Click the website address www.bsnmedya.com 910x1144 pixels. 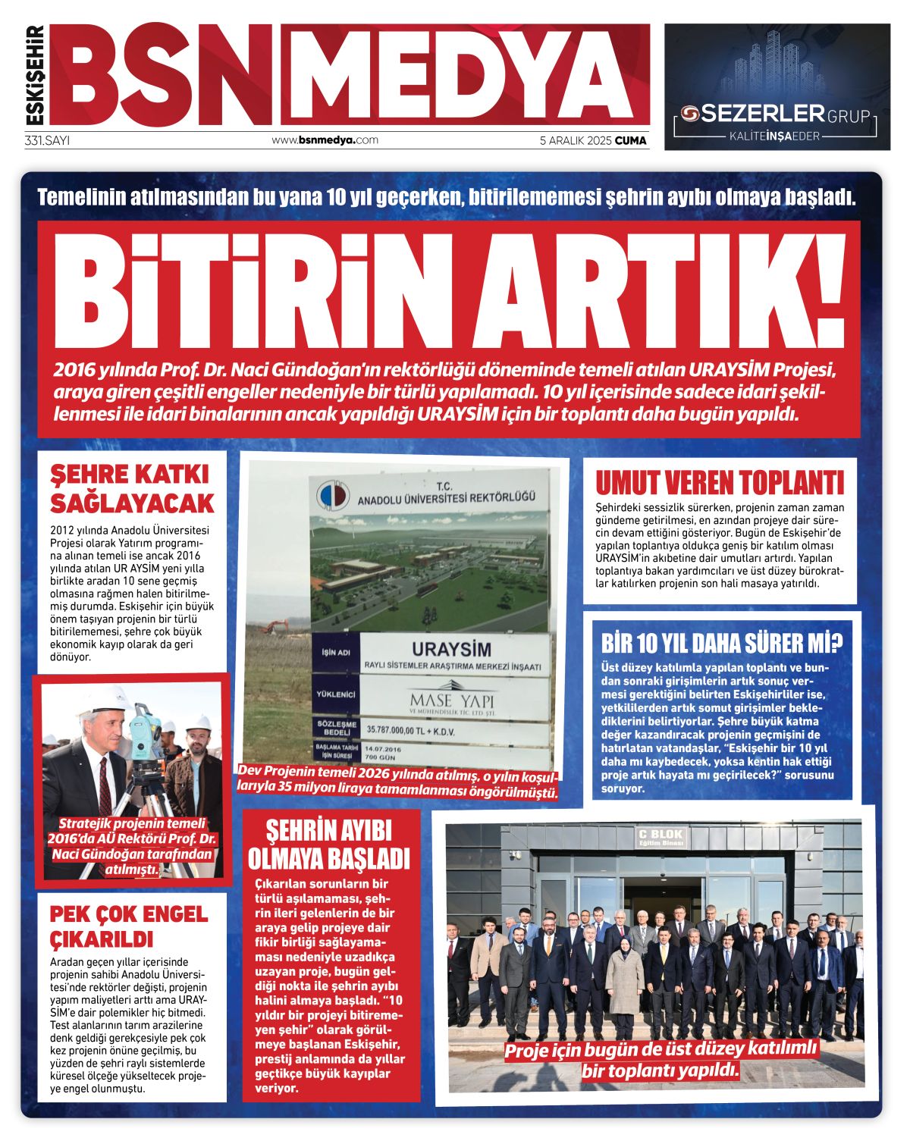(325, 140)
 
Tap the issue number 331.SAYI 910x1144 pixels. (47, 140)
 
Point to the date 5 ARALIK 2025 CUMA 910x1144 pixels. (592, 140)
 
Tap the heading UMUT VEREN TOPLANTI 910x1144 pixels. (719, 482)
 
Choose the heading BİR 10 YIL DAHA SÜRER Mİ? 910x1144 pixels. (721, 644)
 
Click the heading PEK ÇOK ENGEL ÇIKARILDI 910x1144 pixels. (128, 926)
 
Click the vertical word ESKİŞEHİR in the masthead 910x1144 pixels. (35, 75)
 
